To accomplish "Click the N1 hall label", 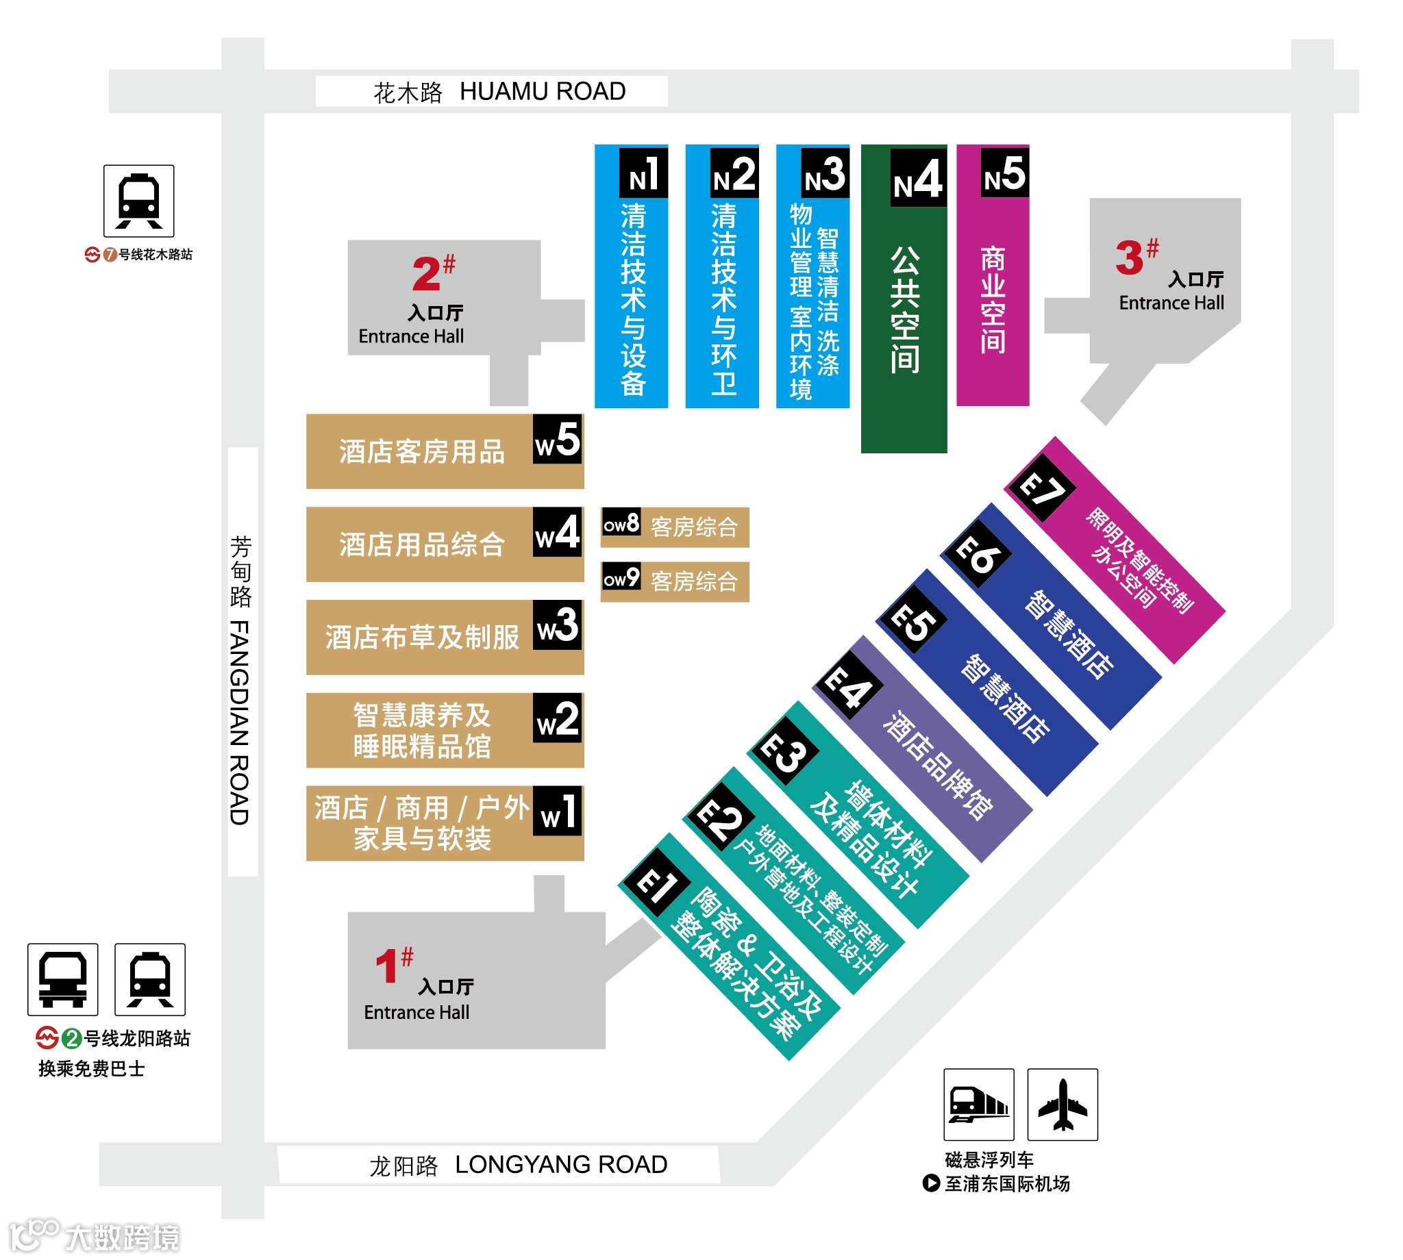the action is click(x=643, y=173).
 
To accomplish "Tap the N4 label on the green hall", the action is click(x=917, y=178).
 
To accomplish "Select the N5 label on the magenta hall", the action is click(x=1004, y=173).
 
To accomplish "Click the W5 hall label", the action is click(x=558, y=440).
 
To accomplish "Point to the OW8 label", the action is click(x=621, y=522).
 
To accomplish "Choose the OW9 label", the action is click(x=621, y=577).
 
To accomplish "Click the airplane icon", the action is click(x=1063, y=1105).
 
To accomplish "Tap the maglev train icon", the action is click(x=978, y=1105).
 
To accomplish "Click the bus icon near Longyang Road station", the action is click(x=62, y=979).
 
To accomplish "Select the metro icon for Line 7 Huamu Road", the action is click(x=138, y=201).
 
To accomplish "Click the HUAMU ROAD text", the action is click(x=543, y=91).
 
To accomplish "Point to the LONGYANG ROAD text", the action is click(x=561, y=1164).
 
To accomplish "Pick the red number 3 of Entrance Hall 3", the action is click(x=1129, y=257).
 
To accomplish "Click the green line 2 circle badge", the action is click(x=71, y=1038).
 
